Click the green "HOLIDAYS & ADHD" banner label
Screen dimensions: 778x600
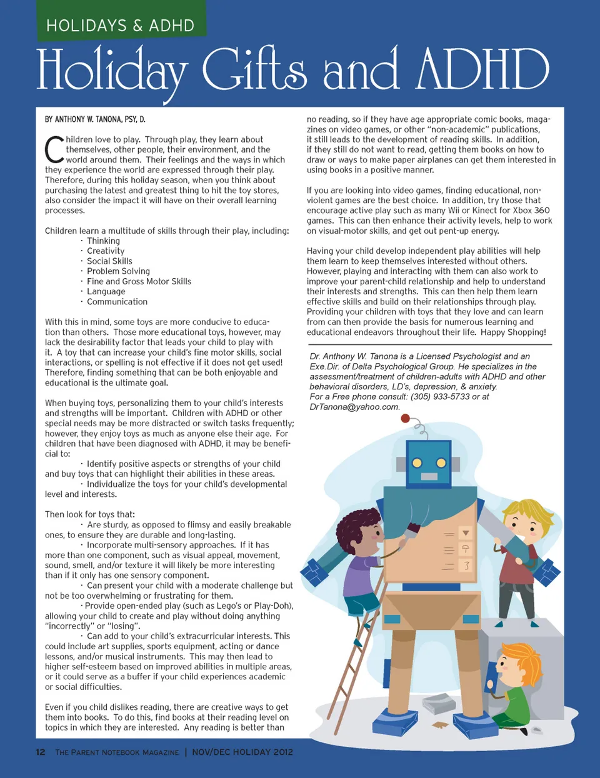tap(120, 26)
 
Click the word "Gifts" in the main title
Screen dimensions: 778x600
tap(254, 69)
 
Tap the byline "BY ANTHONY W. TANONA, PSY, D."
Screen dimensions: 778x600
tap(95, 119)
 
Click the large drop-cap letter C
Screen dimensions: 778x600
tap(54, 149)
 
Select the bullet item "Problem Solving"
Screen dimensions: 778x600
tap(118, 271)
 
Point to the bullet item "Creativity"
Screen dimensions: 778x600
tap(106, 251)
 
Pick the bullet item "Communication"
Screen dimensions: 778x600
tap(117, 301)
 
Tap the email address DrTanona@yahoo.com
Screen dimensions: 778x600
tap(354, 407)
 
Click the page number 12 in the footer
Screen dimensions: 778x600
tap(41, 752)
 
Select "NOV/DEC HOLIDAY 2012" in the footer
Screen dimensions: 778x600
tap(242, 752)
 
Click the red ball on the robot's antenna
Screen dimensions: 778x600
tap(405, 419)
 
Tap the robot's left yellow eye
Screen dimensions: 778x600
tap(417, 463)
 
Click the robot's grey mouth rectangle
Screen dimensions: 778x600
tap(429, 477)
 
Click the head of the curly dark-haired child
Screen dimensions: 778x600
tap(354, 531)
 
